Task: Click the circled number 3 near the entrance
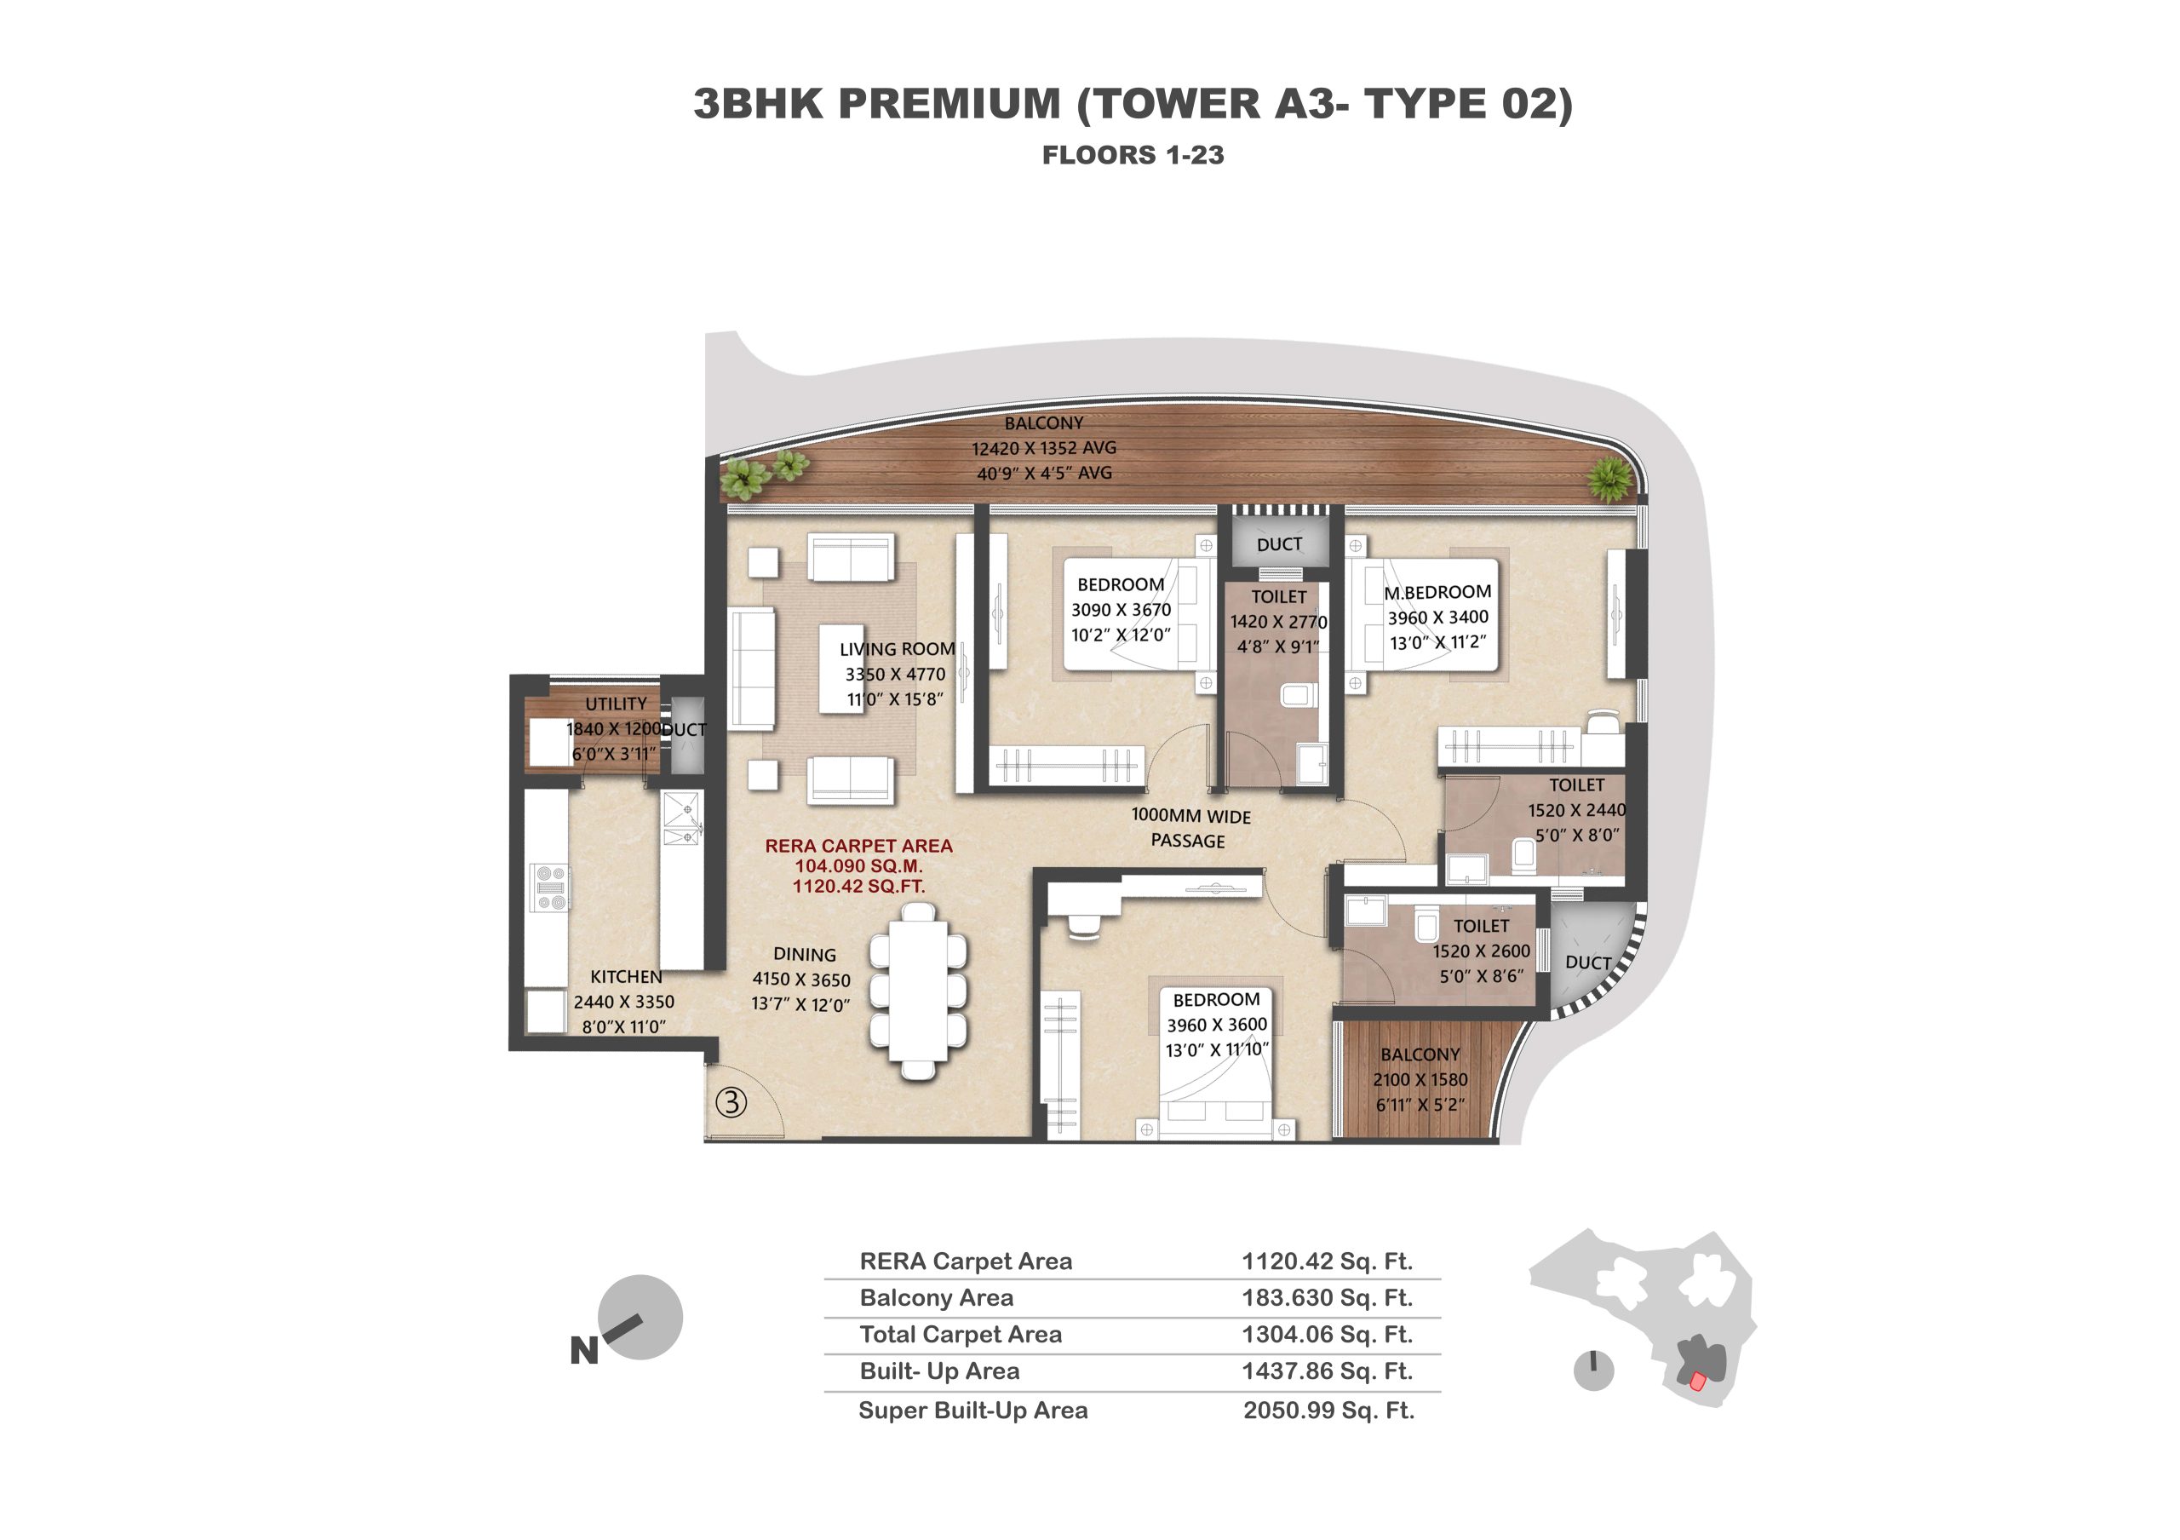(730, 1102)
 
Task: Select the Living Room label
(898, 648)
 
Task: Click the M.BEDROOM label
(1437, 591)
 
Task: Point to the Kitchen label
(626, 976)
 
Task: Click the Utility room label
(616, 704)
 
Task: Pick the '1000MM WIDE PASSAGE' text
(1190, 828)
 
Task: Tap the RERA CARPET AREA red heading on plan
(858, 845)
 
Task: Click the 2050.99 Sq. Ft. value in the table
(1328, 1410)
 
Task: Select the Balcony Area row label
(936, 1297)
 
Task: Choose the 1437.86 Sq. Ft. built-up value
(1328, 1371)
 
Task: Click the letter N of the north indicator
(584, 1350)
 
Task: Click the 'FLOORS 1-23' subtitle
(1133, 155)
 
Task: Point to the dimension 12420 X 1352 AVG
(1043, 448)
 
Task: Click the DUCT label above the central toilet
(1279, 544)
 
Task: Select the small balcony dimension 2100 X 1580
(1420, 1079)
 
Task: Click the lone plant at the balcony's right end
(1610, 479)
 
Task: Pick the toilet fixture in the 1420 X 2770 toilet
(1297, 696)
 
